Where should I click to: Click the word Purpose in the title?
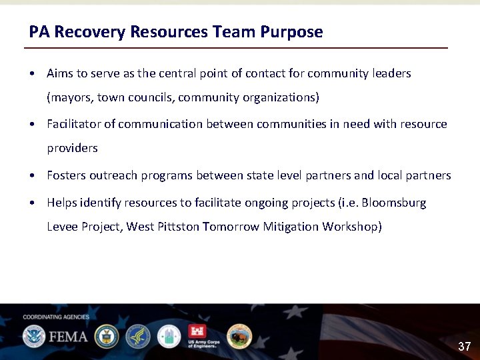pyautogui.click(x=291, y=32)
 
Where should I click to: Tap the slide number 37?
pyautogui.click(x=464, y=347)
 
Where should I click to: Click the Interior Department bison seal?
pyautogui.click(x=239, y=337)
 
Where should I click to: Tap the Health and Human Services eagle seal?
pyautogui.click(x=138, y=337)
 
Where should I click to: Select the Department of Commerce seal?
pyautogui.click(x=107, y=337)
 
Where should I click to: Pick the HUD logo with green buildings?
pyautogui.click(x=169, y=337)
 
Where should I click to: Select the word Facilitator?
pyautogui.click(x=75, y=124)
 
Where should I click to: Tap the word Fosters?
pyautogui.click(x=66, y=175)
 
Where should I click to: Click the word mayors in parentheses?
pyautogui.click(x=70, y=97)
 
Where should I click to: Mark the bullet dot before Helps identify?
pyautogui.click(x=32, y=203)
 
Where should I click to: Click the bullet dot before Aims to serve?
pyautogui.click(x=32, y=73)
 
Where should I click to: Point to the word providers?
pyautogui.click(x=72, y=148)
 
